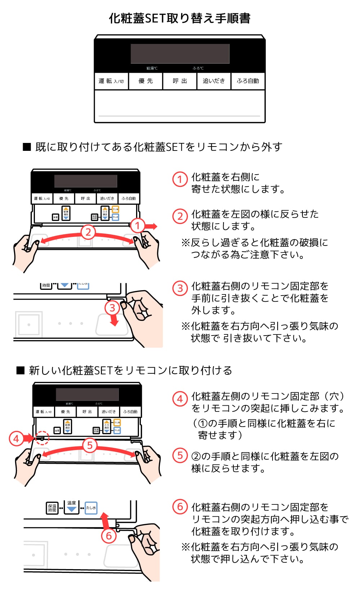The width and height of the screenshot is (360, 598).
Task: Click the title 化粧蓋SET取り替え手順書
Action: click(180, 18)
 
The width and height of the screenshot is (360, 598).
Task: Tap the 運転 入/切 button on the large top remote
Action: click(111, 81)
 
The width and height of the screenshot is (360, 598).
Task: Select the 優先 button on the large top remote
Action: click(145, 81)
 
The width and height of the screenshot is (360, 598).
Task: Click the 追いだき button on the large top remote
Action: click(213, 81)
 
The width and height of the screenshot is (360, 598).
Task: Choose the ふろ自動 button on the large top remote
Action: click(248, 81)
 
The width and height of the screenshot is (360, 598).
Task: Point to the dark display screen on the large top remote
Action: click(180, 54)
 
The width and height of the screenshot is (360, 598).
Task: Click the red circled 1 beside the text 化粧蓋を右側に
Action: click(180, 179)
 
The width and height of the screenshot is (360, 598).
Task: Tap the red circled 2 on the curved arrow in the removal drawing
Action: click(88, 232)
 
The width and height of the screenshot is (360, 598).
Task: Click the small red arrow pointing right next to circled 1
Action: click(151, 226)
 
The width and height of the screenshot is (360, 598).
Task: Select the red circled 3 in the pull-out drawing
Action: click(112, 308)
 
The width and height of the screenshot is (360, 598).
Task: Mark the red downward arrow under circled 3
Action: click(114, 320)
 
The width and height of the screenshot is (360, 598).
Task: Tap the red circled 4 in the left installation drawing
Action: click(16, 439)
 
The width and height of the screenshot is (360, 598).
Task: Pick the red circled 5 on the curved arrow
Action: click(90, 445)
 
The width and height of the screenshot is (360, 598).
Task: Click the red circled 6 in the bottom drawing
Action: click(108, 536)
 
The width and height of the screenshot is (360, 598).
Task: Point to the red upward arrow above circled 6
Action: click(105, 520)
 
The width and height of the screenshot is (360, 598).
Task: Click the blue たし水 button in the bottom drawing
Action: click(91, 508)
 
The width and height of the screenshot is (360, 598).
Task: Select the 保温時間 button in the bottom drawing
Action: click(52, 508)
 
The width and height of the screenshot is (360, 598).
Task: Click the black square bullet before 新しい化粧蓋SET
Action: click(21, 370)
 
